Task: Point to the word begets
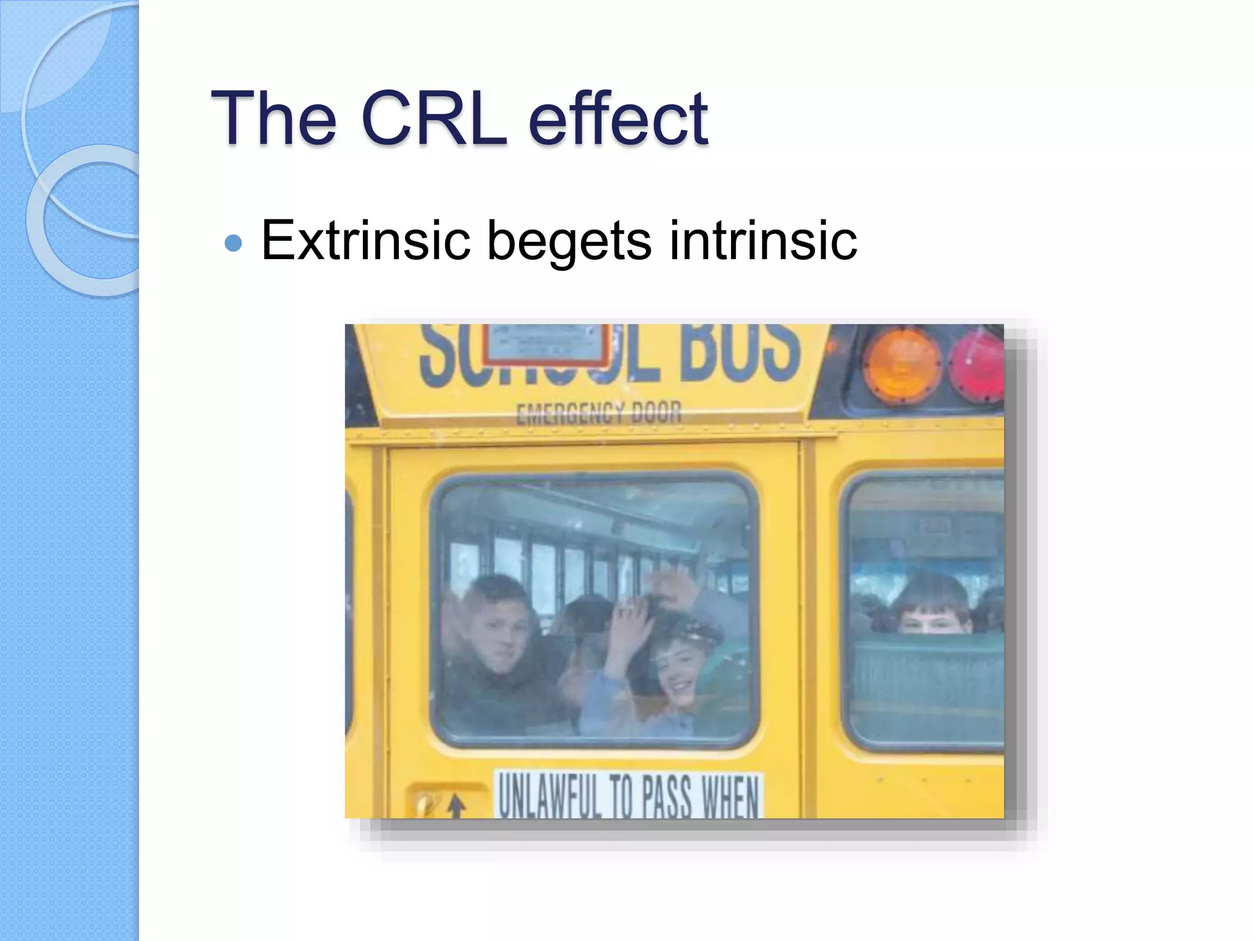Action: click(569, 241)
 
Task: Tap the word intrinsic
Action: click(763, 240)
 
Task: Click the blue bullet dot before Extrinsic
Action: click(233, 243)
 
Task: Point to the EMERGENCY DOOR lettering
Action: click(598, 414)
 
